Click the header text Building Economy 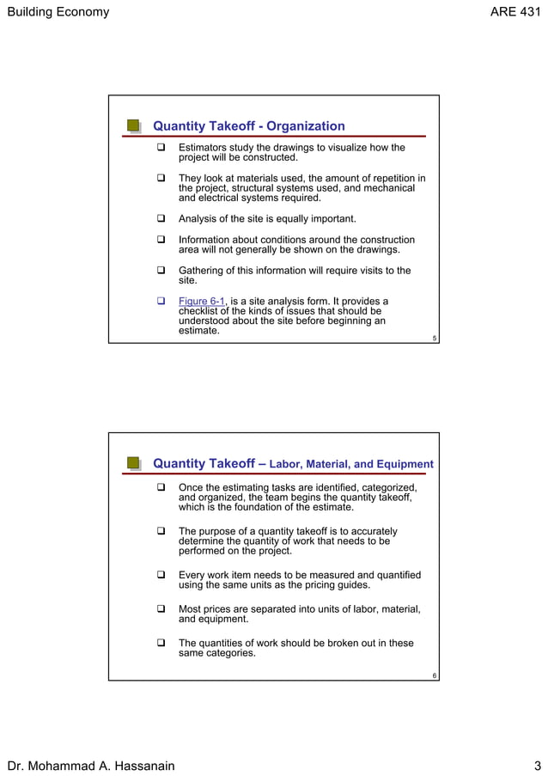click(x=58, y=12)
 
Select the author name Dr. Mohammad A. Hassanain click(x=90, y=766)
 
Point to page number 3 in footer click(x=536, y=766)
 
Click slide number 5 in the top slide click(x=435, y=339)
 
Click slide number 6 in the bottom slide click(x=435, y=676)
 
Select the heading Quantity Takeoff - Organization click(x=248, y=126)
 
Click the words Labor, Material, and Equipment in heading click(x=351, y=465)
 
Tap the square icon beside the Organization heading click(x=134, y=126)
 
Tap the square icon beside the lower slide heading click(x=134, y=464)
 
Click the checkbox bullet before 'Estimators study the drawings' click(x=160, y=148)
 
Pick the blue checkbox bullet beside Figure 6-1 click(x=160, y=302)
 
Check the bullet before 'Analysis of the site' click(x=160, y=219)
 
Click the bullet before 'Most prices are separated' click(x=160, y=609)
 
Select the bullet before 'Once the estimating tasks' click(x=160, y=487)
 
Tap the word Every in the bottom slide click(x=192, y=575)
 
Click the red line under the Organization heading click(x=283, y=137)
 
